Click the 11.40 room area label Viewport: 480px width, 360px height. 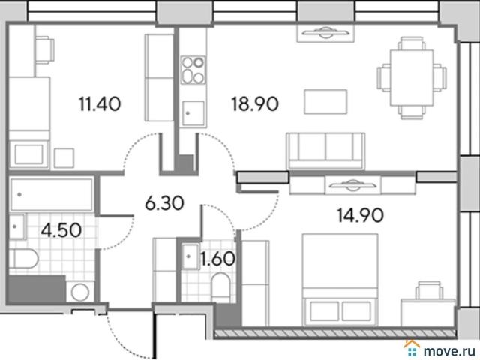[100, 103]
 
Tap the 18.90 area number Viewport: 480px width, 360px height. [255, 103]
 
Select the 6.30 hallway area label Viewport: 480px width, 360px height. [164, 203]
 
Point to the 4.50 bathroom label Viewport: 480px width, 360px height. [61, 230]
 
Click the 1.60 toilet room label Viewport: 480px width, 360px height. [217, 259]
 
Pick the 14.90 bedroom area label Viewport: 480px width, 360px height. [360, 215]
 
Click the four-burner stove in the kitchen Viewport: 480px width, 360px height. [193, 70]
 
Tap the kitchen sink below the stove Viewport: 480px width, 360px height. [193, 114]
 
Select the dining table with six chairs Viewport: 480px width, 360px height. [412, 78]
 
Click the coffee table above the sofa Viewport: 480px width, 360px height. [325, 102]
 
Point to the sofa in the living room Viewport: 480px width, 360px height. [325, 151]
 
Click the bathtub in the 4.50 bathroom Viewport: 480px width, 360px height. [52, 195]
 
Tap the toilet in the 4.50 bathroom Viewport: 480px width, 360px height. [23, 259]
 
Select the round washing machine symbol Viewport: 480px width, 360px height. [80, 292]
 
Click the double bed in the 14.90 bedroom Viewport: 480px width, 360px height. [340, 280]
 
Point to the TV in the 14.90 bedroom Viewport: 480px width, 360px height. [353, 184]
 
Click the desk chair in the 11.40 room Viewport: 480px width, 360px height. [45, 50]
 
